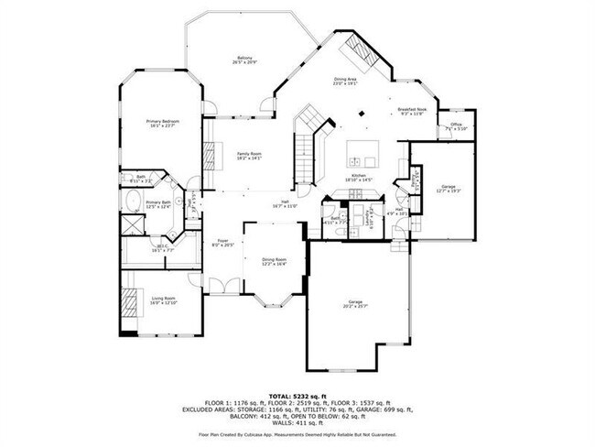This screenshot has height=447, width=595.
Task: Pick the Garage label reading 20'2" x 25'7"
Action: (354, 304)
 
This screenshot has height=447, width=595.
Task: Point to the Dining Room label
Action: (275, 261)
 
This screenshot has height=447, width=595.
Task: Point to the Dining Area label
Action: (344, 82)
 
